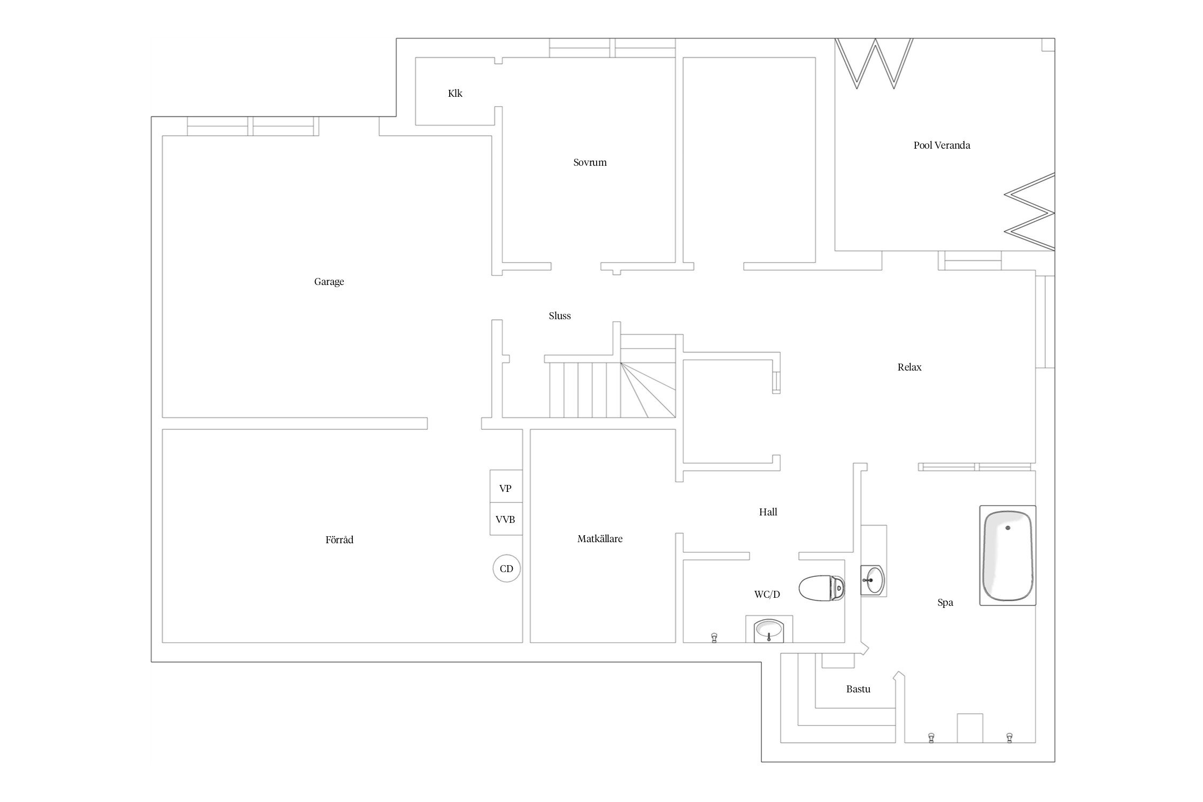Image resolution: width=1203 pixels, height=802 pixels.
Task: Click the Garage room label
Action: pos(329,282)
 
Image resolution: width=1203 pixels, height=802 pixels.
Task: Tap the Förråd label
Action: pos(340,539)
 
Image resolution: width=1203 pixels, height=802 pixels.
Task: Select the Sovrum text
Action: pos(590,163)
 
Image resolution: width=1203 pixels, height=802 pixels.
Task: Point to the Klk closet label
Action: pos(455,94)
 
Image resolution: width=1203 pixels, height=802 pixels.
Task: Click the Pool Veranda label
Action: pos(942,145)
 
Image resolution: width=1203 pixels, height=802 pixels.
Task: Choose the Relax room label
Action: pos(909,367)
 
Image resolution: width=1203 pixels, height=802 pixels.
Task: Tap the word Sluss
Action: pos(560,316)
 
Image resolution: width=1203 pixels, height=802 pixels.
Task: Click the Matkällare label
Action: pos(600,539)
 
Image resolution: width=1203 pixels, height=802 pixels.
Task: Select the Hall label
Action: pos(768,512)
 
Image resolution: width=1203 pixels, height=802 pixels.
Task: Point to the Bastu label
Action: pos(858,689)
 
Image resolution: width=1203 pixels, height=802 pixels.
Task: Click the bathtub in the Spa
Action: pos(1008,556)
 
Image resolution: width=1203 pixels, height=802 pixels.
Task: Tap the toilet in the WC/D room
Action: pos(822,588)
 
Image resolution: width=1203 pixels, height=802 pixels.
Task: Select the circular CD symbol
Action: pos(506,568)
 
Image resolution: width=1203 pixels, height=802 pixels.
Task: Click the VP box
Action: pos(506,487)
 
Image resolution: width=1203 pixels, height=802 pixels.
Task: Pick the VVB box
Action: pos(506,519)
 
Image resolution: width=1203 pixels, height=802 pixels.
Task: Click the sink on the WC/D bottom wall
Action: pos(769,630)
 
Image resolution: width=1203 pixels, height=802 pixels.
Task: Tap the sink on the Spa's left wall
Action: pos(873,580)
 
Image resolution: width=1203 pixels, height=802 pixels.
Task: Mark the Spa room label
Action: pos(945,603)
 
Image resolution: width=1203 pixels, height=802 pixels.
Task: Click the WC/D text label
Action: pos(767,594)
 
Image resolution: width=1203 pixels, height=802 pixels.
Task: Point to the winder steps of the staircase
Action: pos(649,389)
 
